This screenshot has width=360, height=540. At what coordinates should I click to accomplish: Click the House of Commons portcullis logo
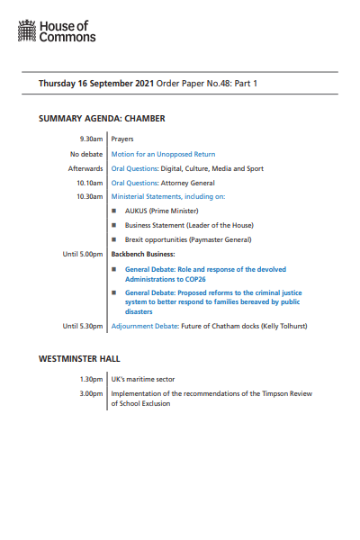[x=28, y=33]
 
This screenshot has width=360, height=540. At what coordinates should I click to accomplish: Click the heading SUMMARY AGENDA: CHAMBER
[x=101, y=118]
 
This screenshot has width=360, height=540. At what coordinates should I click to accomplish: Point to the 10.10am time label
[x=91, y=183]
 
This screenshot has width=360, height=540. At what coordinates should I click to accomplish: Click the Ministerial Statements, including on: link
[x=167, y=196]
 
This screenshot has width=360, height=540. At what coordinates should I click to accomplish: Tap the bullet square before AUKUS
[x=114, y=211]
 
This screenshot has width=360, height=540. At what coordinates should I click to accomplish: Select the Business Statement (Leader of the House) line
[x=189, y=225]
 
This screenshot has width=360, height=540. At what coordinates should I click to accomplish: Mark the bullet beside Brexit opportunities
[x=114, y=239]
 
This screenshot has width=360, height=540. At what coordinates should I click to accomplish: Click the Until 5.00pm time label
[x=83, y=255]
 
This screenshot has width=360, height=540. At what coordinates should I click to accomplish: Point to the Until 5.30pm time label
[x=83, y=326]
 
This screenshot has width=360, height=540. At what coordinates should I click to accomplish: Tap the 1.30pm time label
[x=92, y=380]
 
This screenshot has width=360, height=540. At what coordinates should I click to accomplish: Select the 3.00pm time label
[x=92, y=393]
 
